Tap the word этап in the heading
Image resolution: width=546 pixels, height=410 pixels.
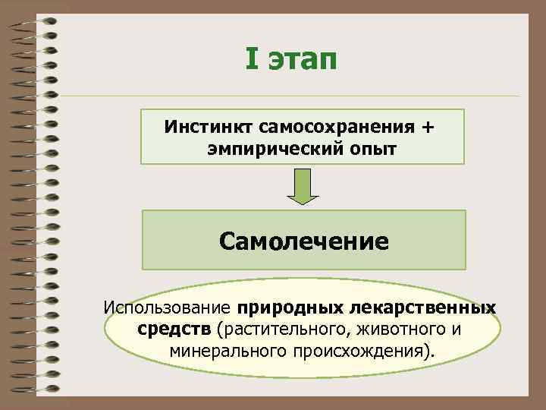point(303,58)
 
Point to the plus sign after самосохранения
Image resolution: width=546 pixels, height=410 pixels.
point(429,125)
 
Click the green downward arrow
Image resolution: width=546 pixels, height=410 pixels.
point(303,187)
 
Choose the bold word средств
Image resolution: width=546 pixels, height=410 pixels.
point(175,330)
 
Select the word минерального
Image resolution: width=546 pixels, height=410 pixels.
point(225,352)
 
